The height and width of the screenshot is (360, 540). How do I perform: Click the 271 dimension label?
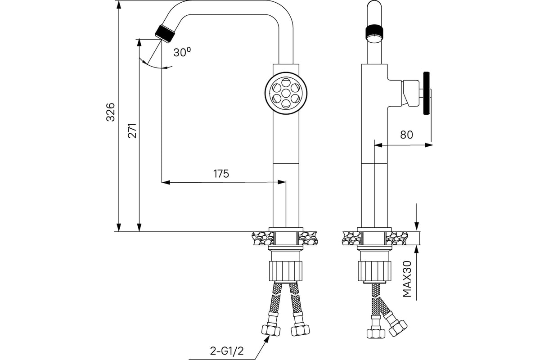click(132, 130)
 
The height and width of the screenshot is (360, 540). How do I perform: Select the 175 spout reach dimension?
click(221, 174)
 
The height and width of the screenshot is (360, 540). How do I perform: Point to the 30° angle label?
click(182, 52)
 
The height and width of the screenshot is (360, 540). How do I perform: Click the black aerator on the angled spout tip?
click(165, 32)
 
